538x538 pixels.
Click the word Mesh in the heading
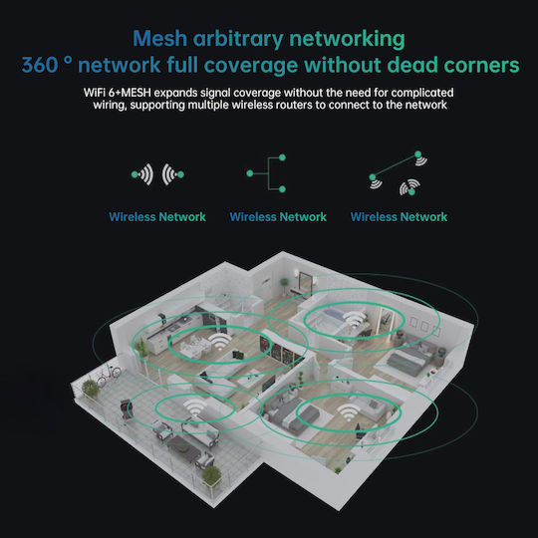tap(159, 38)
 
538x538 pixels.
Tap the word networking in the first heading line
tap(347, 40)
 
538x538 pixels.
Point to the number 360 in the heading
tap(40, 65)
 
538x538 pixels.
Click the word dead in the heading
tap(412, 65)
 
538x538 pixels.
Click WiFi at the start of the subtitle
tap(95, 93)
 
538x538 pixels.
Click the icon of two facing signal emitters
tap(157, 174)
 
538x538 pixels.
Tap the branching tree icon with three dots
tap(267, 173)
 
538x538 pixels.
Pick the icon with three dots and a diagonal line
tap(398, 173)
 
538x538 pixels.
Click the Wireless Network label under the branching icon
tap(278, 217)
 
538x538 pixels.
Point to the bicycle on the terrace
tap(109, 375)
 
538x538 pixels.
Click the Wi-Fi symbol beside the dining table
tap(219, 342)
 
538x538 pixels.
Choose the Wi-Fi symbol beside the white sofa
tap(349, 412)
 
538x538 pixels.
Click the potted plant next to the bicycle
tap(90, 389)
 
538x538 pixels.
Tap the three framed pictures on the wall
tap(424, 326)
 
